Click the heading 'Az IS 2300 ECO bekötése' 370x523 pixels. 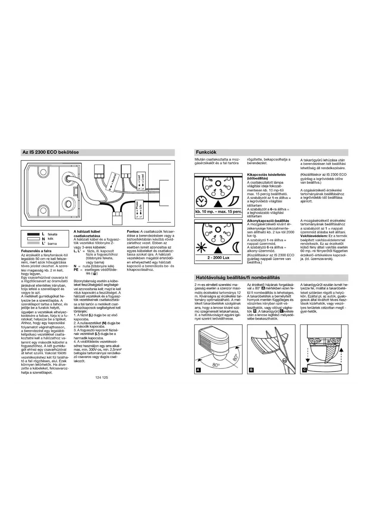coord(51,152)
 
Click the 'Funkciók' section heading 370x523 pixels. coord(206,152)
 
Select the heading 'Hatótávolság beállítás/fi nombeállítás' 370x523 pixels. coord(238,278)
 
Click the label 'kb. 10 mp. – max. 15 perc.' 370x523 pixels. coord(219,212)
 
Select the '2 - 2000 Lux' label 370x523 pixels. coord(219,258)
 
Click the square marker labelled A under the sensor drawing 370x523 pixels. coord(198,370)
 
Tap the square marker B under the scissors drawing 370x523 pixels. coord(251,370)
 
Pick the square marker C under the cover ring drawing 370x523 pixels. coord(304,370)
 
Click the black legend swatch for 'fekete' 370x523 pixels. coord(33,234)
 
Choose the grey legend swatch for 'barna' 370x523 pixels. coord(33,243)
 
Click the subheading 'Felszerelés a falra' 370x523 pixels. coord(36,251)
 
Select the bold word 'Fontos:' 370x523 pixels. coord(133,232)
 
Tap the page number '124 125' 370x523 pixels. coord(102,377)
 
